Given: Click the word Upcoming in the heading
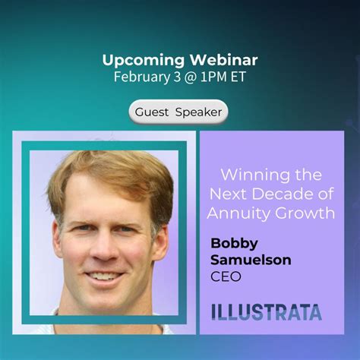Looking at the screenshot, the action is tap(144, 61).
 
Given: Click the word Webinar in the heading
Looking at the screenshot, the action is tap(224, 60).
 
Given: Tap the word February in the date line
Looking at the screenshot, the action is tap(142, 77).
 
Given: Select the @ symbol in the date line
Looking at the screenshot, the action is tap(191, 77).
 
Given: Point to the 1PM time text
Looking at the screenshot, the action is tap(213, 77).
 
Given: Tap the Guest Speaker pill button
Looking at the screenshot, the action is tap(178, 112).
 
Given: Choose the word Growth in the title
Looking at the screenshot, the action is tap(305, 213).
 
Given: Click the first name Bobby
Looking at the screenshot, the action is tap(234, 244).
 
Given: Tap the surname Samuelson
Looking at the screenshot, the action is tap(251, 260).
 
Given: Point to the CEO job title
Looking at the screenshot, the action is tap(226, 276).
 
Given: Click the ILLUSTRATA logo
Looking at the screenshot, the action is tap(267, 312).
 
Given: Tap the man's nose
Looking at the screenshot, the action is tap(104, 249).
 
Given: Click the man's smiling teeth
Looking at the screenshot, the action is tap(104, 276).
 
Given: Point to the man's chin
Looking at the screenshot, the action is tap(105, 300).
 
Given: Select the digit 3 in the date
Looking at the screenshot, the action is tap(177, 77).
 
